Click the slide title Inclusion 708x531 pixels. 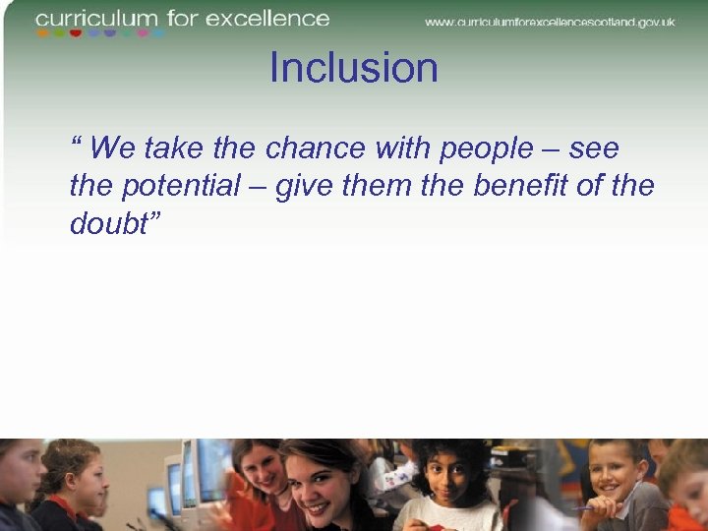click(353, 69)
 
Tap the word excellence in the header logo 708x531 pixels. click(280, 18)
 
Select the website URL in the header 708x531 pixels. click(550, 21)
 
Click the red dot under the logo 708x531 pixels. click(76, 33)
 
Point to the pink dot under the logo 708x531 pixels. click(144, 33)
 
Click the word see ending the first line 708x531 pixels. click(593, 148)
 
